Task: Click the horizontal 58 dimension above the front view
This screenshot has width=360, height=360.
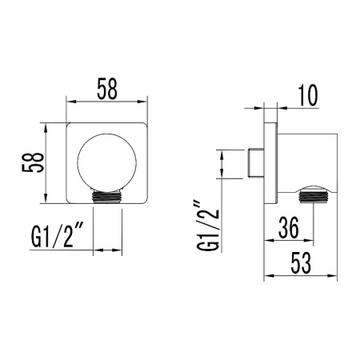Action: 106,90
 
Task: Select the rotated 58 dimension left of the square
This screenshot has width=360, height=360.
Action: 31,162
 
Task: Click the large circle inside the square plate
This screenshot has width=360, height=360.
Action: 105,162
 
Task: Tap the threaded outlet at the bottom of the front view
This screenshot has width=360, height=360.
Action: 106,195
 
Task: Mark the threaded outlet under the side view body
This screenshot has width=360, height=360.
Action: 311,191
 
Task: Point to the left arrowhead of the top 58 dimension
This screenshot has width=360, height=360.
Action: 69,102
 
